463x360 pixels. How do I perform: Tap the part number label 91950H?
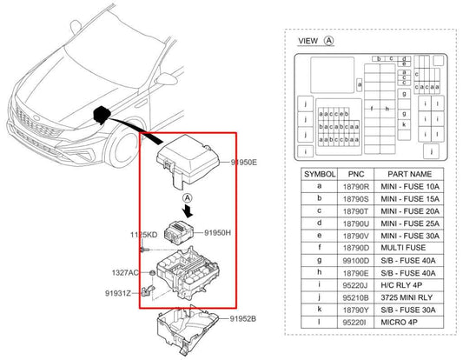(222, 233)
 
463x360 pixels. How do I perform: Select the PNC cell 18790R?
(356, 187)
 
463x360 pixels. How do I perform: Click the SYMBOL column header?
(319, 174)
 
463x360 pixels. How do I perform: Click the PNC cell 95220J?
(356, 284)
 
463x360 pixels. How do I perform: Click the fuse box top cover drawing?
(192, 157)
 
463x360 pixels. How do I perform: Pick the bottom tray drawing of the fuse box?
(192, 326)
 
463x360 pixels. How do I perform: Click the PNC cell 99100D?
(356, 260)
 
